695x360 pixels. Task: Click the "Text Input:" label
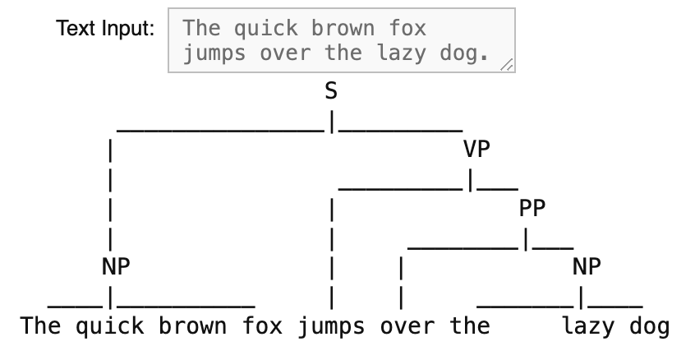point(104,28)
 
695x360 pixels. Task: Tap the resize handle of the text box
point(507,65)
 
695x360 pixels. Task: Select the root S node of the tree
point(331,92)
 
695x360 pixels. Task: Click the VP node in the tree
point(476,150)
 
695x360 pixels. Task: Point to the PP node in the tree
point(532,208)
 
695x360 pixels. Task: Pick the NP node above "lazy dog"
point(587,266)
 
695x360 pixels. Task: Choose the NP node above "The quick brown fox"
point(116,266)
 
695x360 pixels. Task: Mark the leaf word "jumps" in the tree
point(331,325)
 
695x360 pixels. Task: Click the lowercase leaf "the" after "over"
point(470,325)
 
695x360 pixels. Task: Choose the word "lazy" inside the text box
point(407,54)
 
